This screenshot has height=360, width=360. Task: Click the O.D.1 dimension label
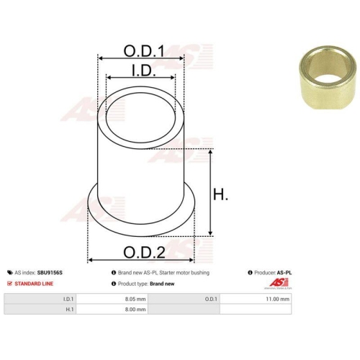pyautogui.click(x=144, y=51)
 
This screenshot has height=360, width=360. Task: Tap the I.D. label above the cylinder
pyautogui.click(x=144, y=71)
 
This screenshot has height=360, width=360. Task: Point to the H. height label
pyautogui.click(x=220, y=194)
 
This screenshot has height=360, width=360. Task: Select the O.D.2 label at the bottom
pyautogui.click(x=144, y=252)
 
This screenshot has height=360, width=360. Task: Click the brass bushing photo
pyautogui.click(x=328, y=78)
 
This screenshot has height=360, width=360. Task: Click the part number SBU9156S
pyautogui.click(x=50, y=273)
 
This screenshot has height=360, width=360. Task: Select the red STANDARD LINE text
pyautogui.click(x=34, y=284)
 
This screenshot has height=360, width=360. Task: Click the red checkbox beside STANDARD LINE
pyautogui.click(x=9, y=284)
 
